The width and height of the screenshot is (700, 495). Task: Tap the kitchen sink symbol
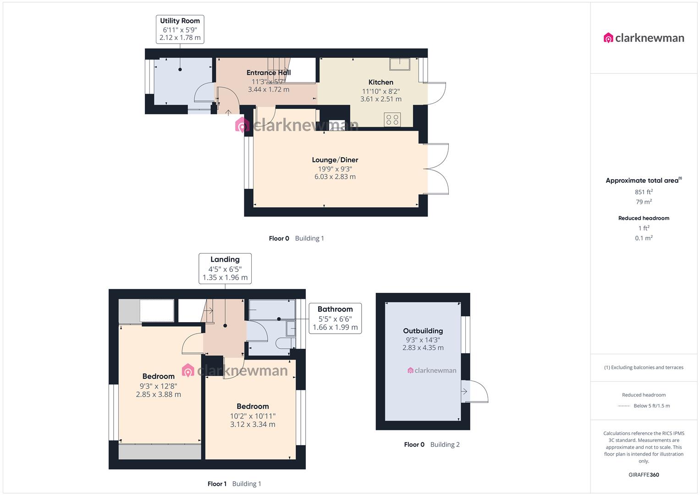pos(400,64)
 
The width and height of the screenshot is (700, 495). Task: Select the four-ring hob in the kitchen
pos(392,120)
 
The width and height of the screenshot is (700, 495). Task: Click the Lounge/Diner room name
pos(335,160)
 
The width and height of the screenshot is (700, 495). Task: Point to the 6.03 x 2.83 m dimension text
pos(335,177)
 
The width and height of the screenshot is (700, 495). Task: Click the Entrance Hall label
pos(268,72)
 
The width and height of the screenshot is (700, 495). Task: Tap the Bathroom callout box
pos(335,318)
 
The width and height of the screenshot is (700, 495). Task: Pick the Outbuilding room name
pos(423,331)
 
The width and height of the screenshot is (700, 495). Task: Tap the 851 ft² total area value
pos(644,192)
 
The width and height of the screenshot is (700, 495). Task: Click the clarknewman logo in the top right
pos(644,38)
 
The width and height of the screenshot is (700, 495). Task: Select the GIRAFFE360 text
pos(644,475)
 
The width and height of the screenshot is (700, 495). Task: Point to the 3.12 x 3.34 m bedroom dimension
pos(253,424)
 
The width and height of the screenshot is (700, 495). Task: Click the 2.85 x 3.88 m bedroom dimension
pos(158,394)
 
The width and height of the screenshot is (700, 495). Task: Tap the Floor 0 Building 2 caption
pos(431,445)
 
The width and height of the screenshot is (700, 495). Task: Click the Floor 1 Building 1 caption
pos(234,484)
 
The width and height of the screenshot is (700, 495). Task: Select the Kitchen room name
pos(380,82)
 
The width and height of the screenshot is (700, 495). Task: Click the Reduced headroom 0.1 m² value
pos(644,238)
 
